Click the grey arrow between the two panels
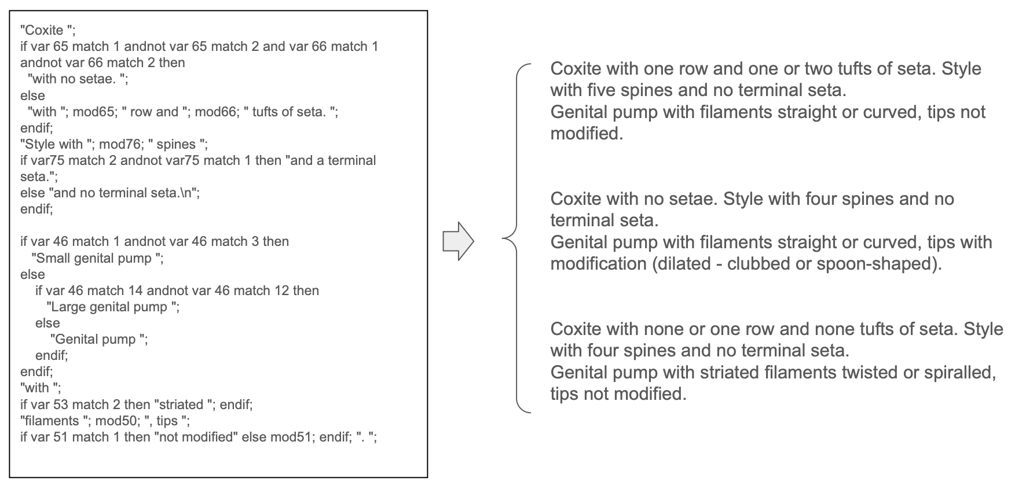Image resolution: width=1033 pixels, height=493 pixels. pyautogui.click(x=458, y=241)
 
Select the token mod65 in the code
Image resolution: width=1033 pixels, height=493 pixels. pyautogui.click(x=90, y=112)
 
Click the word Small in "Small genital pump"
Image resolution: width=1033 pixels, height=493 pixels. pyautogui.click(x=53, y=258)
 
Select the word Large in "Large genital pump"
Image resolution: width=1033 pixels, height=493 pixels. pyautogui.click(x=67, y=307)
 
